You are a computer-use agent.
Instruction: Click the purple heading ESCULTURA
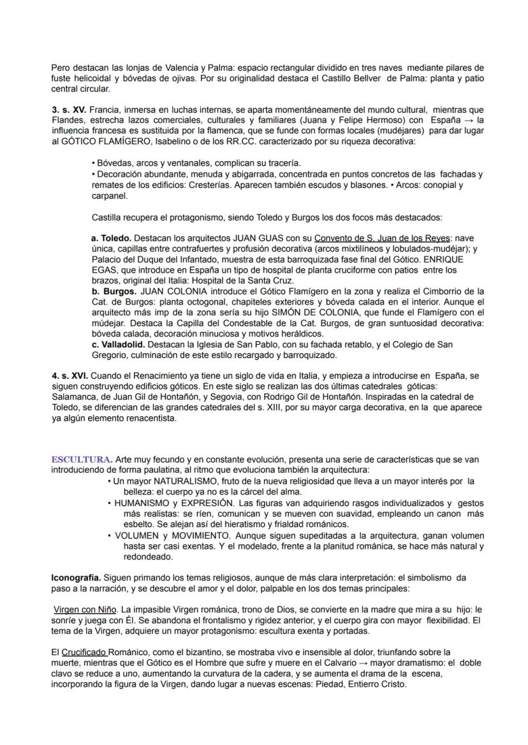coord(82,459)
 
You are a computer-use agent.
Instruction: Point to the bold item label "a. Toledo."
coord(112,238)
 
